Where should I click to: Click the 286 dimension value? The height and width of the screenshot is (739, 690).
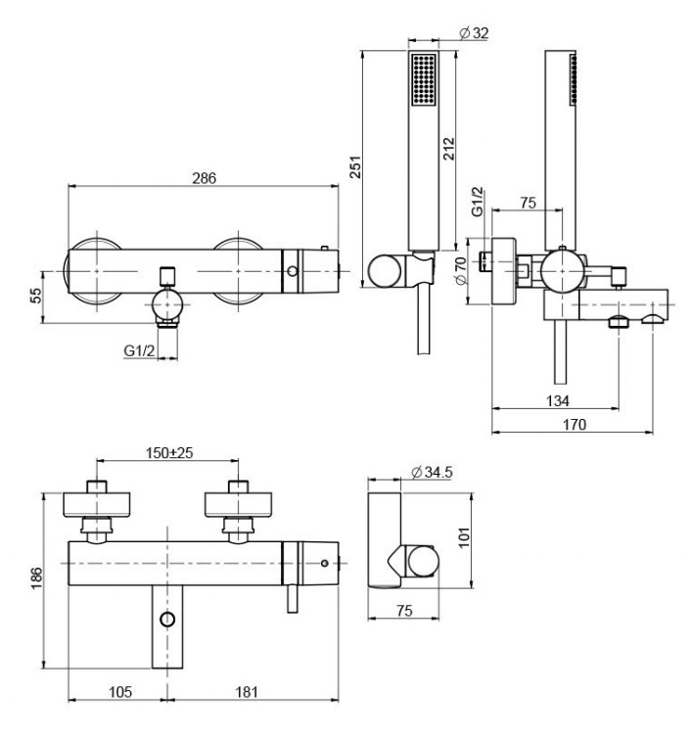203,178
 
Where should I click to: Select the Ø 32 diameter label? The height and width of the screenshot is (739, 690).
475,33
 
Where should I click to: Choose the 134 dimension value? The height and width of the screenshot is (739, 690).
555,400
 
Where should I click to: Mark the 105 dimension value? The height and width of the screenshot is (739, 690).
118,692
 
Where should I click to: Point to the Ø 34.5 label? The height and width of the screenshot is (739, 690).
431,473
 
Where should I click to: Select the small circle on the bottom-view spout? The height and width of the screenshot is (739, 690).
167,620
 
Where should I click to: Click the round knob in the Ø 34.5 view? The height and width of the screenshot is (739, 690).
424,562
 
